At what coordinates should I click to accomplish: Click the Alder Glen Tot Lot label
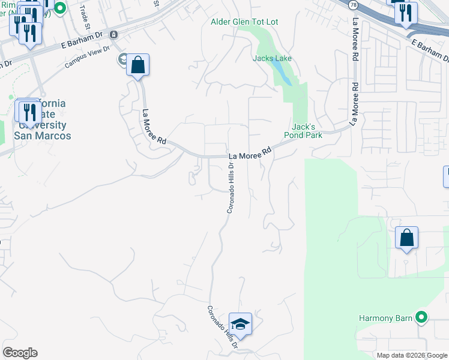[244, 22]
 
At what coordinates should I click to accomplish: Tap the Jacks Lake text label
[273, 59]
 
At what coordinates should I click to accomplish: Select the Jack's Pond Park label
[307, 131]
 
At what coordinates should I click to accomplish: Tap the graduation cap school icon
[240, 325]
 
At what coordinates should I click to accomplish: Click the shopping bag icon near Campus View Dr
[137, 65]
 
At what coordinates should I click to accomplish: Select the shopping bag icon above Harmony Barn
[406, 238]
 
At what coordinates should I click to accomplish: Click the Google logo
[20, 353]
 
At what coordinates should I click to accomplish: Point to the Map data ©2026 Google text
[412, 355]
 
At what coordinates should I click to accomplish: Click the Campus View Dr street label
[88, 56]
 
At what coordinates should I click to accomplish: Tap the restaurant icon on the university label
[28, 112]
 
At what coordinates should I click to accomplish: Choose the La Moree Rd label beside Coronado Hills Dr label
[250, 154]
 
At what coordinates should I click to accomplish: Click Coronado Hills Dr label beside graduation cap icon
[223, 328]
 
